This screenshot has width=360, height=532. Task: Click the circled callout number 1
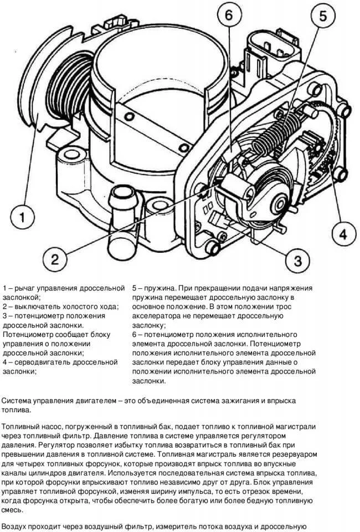pos(22,217)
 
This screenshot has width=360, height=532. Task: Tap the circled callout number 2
pos(55,260)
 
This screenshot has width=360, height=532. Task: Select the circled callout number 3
pos(297,260)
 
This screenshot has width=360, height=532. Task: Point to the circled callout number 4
pos(343,234)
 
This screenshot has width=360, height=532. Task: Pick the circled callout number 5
pos(322,16)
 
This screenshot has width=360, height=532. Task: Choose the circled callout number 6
pos(229,16)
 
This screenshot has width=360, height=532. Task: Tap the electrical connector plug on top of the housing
pos(273,51)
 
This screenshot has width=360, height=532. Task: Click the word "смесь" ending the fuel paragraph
pos(12,510)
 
